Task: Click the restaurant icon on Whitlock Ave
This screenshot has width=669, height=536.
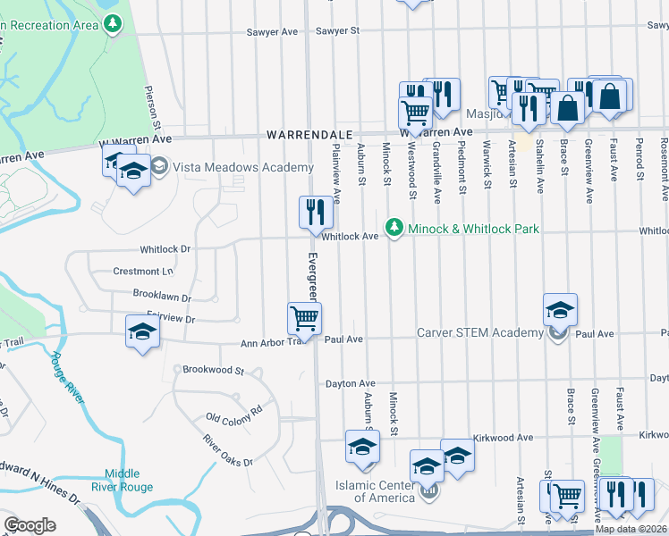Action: (316, 213)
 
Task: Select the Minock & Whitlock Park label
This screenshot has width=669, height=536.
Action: (473, 230)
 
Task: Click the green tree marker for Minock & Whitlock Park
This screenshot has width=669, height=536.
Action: (394, 230)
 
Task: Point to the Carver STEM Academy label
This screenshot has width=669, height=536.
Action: (480, 333)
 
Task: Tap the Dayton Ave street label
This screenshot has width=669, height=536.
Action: (350, 382)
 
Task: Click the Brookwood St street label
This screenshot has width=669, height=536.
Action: (214, 369)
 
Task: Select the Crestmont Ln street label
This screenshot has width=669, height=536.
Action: (143, 271)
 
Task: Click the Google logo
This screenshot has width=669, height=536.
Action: (30, 525)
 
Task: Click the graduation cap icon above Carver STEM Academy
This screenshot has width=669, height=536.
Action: (560, 309)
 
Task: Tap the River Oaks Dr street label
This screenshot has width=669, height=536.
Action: (228, 450)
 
